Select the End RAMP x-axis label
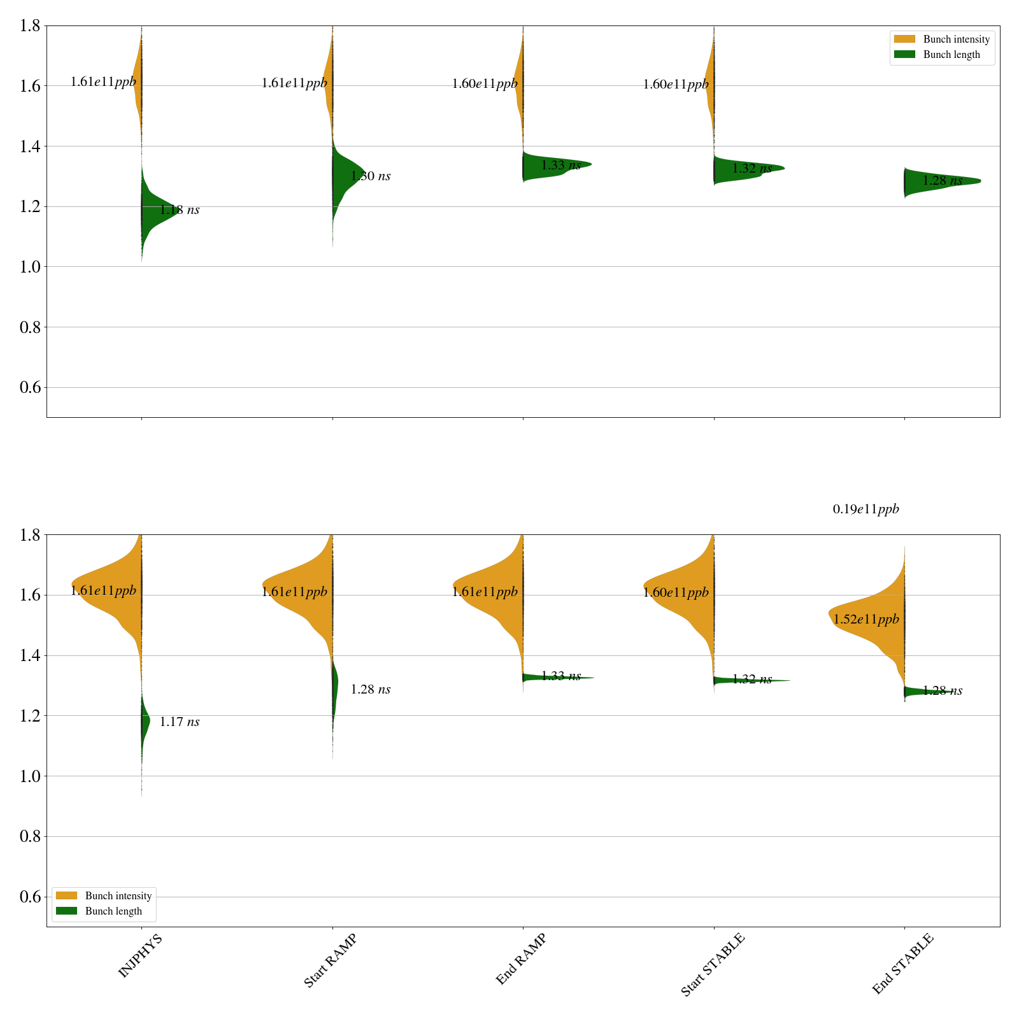(521, 959)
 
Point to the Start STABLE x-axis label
(712, 965)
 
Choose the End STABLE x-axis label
(902, 964)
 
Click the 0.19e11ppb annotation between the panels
(866, 509)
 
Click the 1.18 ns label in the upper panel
(179, 210)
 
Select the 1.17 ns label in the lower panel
(179, 722)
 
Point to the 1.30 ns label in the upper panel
(370, 176)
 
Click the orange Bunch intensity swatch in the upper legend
(904, 39)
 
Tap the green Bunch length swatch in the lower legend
(66, 911)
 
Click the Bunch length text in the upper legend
(951, 55)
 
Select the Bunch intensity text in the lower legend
(118, 896)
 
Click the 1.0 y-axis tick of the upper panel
(31, 267)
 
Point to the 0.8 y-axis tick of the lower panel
(31, 837)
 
